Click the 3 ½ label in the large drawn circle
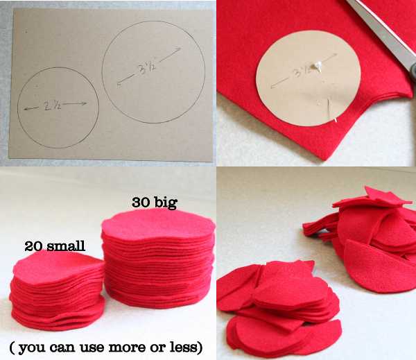[x=146, y=68]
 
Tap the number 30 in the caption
[x=141, y=203]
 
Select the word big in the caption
[x=166, y=203]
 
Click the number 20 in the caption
[x=34, y=246]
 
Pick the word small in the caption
[x=66, y=246]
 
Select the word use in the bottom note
[x=92, y=348]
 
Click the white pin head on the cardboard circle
[x=317, y=65]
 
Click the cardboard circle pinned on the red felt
[x=309, y=78]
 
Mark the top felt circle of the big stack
[x=158, y=224]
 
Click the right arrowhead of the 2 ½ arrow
[x=85, y=103]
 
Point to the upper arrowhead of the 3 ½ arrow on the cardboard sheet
[x=179, y=49]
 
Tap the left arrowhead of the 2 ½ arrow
[x=26, y=108]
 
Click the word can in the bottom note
[x=63, y=348]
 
